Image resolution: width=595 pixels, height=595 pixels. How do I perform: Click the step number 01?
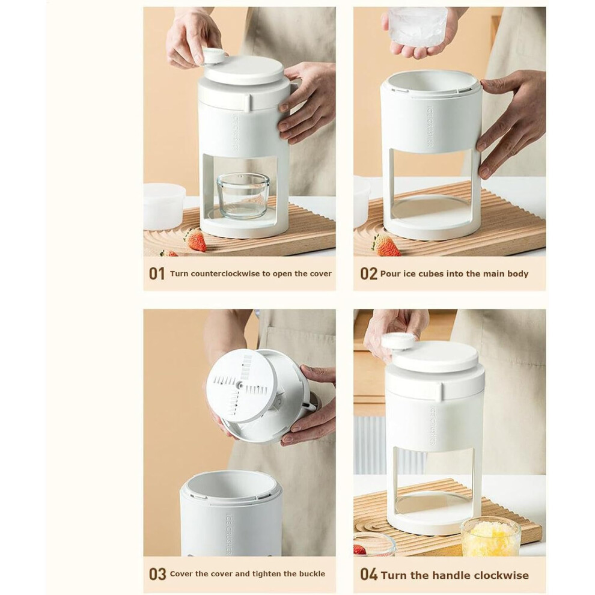(157, 273)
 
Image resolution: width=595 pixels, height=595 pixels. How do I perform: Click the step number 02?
(368, 273)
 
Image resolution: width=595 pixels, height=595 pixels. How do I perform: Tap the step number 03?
(157, 574)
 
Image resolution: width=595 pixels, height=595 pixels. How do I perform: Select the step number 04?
(369, 574)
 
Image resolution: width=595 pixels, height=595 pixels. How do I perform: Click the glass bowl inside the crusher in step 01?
(243, 195)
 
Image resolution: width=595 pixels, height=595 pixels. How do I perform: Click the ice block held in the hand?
(418, 26)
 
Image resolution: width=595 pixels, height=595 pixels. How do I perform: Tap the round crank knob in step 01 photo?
(213, 55)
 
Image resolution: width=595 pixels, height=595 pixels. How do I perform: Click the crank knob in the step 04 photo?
(398, 341)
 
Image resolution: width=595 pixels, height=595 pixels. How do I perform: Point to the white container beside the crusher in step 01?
(163, 206)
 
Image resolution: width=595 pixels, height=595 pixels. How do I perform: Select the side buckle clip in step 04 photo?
(440, 392)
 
